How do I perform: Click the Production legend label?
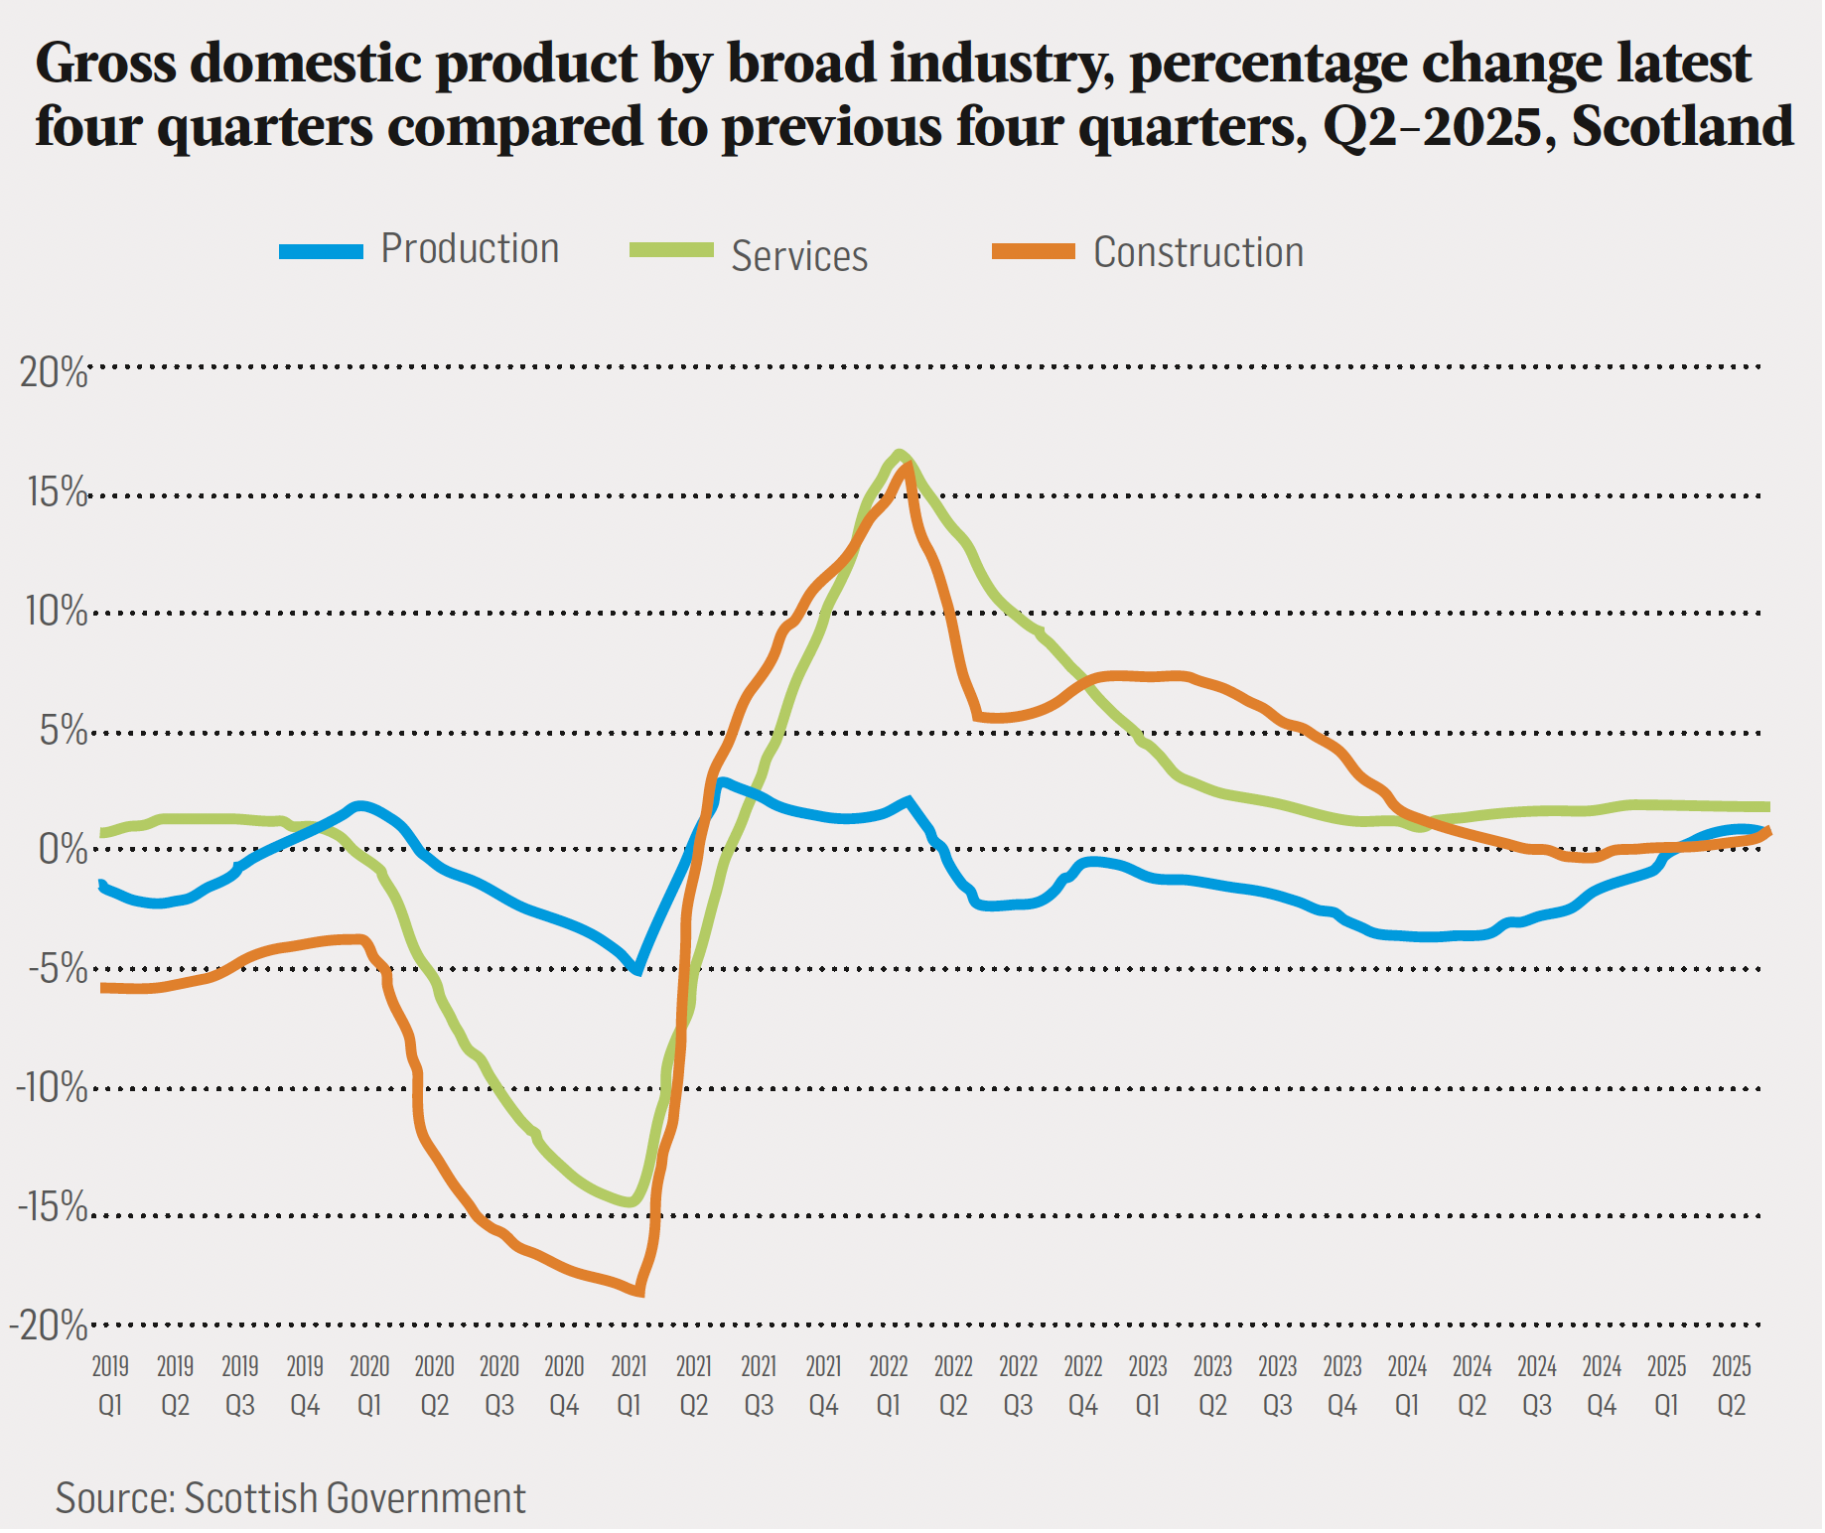click(x=470, y=249)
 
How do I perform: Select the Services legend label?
click(x=799, y=256)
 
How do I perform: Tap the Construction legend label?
click(x=1197, y=253)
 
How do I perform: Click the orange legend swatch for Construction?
click(x=1034, y=251)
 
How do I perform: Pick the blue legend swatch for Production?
click(x=321, y=251)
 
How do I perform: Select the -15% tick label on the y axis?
click(x=52, y=1207)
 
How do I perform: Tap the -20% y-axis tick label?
click(x=49, y=1325)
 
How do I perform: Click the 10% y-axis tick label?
click(x=56, y=612)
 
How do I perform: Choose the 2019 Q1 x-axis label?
click(x=110, y=1386)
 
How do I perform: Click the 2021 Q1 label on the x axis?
click(x=629, y=1386)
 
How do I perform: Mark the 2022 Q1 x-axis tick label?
click(x=889, y=1386)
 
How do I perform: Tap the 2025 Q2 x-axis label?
click(x=1732, y=1386)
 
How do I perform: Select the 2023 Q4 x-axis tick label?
click(x=1342, y=1386)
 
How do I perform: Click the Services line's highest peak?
click(x=899, y=455)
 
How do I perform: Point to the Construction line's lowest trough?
click(x=640, y=1292)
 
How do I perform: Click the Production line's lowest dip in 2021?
click(x=637, y=970)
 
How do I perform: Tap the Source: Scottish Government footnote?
click(x=290, y=1498)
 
